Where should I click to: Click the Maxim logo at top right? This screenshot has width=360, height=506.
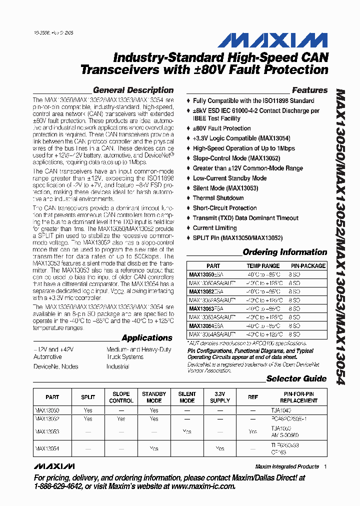(287, 41)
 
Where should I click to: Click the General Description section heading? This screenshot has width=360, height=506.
(133, 90)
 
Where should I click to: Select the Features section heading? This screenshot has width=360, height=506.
(309, 90)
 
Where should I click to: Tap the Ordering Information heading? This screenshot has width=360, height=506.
(284, 252)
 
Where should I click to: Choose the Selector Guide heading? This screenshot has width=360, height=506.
(296, 378)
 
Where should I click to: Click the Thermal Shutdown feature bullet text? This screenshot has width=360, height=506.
(218, 198)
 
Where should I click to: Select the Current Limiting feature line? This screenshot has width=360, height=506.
(214, 228)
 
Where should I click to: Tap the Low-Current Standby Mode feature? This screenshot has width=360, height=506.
(229, 178)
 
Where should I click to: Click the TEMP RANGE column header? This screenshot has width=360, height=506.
(263, 266)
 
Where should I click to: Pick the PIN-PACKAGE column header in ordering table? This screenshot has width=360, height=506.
(308, 266)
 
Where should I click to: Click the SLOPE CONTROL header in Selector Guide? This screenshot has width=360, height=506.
(121, 397)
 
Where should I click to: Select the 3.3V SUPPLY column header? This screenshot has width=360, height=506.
(220, 397)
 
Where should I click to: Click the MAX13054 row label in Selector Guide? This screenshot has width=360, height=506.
(47, 448)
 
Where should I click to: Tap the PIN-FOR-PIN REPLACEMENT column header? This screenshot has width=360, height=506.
(299, 397)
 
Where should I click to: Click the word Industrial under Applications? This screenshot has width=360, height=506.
(117, 366)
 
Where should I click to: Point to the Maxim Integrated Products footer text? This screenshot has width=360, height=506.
(287, 466)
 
